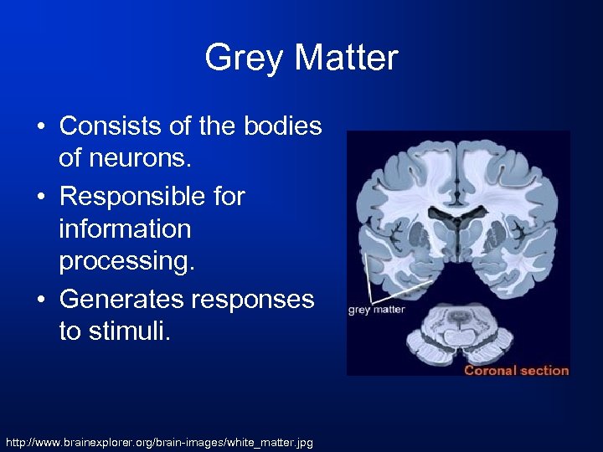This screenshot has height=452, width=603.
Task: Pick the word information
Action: point(125,228)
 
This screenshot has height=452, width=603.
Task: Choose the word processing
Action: point(126,261)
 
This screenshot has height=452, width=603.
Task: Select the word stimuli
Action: point(114,331)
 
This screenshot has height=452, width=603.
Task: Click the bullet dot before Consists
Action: point(41,126)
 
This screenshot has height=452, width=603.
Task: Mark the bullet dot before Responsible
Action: point(41,197)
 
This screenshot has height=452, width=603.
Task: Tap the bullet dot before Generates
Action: point(41,299)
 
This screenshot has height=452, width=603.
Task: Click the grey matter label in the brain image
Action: point(376,309)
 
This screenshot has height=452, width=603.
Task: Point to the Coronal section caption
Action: point(516,369)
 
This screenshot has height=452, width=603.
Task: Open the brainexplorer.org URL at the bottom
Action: point(159,440)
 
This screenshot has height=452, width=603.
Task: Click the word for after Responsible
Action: point(226,196)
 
